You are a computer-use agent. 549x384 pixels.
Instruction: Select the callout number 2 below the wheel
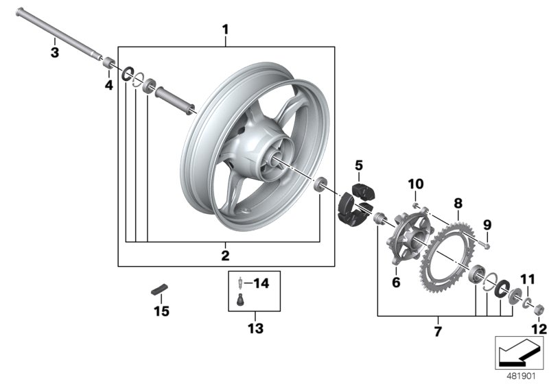[225, 256]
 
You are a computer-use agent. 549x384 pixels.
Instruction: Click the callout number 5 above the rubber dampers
[358, 165]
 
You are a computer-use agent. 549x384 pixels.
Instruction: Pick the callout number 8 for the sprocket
[458, 204]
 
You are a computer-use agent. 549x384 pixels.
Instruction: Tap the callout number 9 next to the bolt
[488, 224]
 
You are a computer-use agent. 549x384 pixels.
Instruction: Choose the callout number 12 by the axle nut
[539, 329]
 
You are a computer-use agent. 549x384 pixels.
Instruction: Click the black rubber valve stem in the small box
[240, 299]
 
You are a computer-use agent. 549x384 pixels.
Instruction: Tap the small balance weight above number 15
[159, 287]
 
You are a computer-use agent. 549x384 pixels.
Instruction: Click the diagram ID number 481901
[521, 375]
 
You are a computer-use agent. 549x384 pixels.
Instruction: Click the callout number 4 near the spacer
[108, 85]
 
